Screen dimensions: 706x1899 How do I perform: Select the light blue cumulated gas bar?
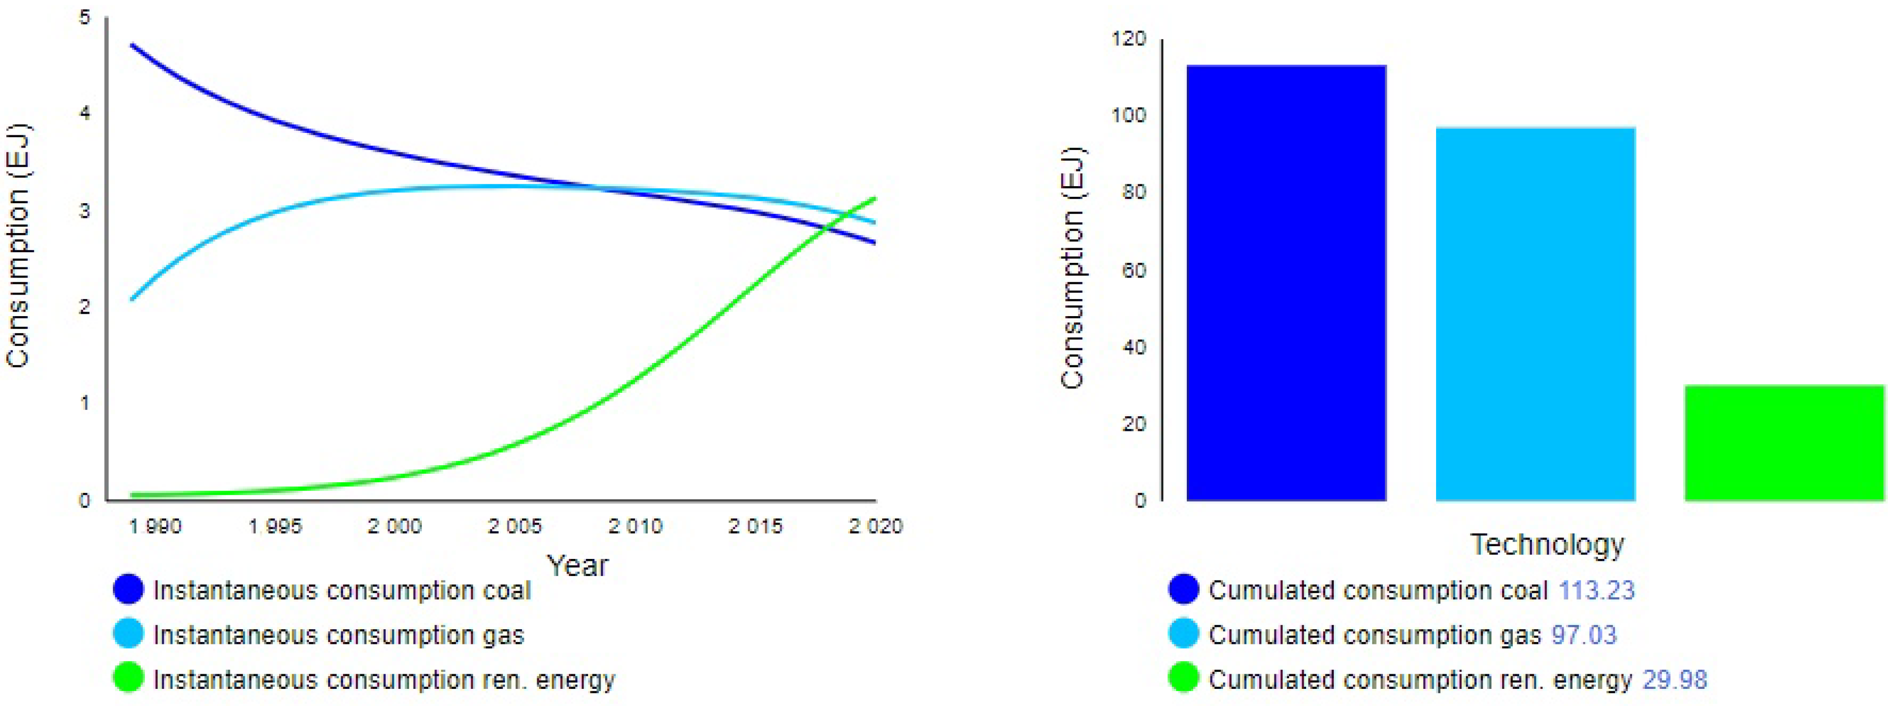pyautogui.click(x=1535, y=314)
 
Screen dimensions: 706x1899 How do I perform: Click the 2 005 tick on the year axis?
pyautogui.click(x=515, y=526)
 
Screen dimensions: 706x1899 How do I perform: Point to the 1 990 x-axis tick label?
pyautogui.click(x=155, y=526)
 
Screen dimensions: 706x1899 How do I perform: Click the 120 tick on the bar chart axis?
pyautogui.click(x=1129, y=38)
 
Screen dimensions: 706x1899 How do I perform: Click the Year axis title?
pyautogui.click(x=578, y=566)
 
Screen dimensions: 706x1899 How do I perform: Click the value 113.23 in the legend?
pyautogui.click(x=1596, y=590)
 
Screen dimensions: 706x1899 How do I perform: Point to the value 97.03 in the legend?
pyautogui.click(x=1584, y=635)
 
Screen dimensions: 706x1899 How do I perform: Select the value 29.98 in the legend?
pyautogui.click(x=1674, y=680)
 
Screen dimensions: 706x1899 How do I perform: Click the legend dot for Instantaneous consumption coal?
pyautogui.click(x=128, y=590)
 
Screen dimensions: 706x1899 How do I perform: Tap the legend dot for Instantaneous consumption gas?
pyautogui.click(x=128, y=634)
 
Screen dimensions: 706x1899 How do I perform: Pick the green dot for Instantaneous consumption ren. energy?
pyautogui.click(x=128, y=678)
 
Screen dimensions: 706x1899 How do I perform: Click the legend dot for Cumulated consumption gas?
pyautogui.click(x=1183, y=634)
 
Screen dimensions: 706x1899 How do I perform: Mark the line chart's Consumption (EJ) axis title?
pyautogui.click(x=18, y=245)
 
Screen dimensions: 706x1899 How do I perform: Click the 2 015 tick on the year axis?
pyautogui.click(x=755, y=526)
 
